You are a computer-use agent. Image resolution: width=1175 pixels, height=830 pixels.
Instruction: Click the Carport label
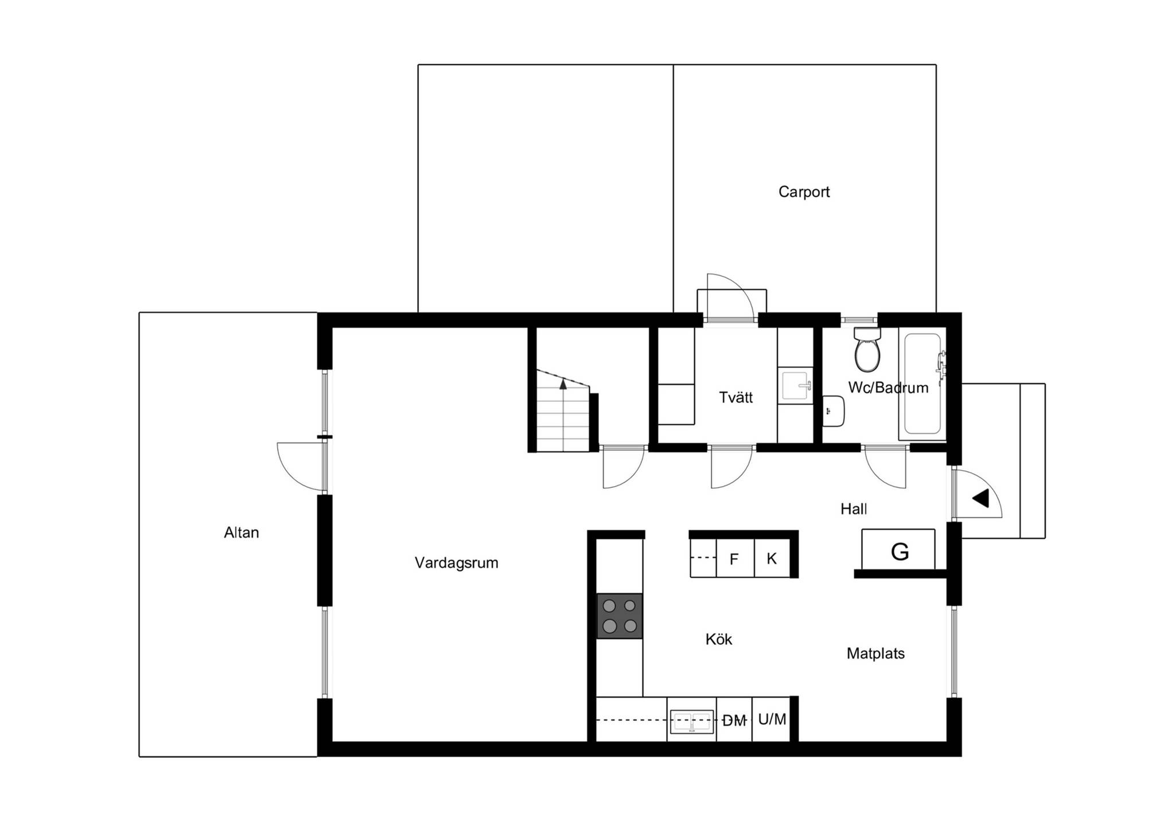point(804,192)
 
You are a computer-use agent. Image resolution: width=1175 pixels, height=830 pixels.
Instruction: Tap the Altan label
point(242,533)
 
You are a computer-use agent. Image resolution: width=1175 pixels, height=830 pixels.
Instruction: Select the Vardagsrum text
point(457,563)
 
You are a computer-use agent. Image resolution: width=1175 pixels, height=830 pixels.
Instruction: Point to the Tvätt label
point(736,398)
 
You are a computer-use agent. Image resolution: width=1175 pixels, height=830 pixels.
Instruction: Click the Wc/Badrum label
point(888,388)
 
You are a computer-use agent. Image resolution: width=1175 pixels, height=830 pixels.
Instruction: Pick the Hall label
point(854,509)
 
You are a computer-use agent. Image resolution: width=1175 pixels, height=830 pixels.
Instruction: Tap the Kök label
point(719,639)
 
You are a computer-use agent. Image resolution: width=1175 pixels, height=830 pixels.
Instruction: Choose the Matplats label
point(876,653)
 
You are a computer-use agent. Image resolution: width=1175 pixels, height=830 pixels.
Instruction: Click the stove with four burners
point(620,616)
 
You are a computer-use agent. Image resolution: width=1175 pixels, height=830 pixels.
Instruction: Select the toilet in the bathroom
point(867,349)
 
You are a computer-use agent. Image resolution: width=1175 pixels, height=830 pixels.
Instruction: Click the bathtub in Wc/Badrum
point(923,383)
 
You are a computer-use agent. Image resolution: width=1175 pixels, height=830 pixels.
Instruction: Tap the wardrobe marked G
point(898,550)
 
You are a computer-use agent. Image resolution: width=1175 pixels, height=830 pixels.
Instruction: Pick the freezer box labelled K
point(772,558)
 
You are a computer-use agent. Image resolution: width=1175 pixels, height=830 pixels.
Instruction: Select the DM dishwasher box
point(734,719)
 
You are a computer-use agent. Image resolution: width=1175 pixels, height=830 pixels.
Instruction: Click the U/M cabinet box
point(772,719)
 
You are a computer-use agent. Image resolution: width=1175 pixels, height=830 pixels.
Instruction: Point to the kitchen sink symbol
point(692,722)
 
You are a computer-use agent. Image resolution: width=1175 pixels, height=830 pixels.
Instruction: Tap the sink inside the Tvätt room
point(796,386)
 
